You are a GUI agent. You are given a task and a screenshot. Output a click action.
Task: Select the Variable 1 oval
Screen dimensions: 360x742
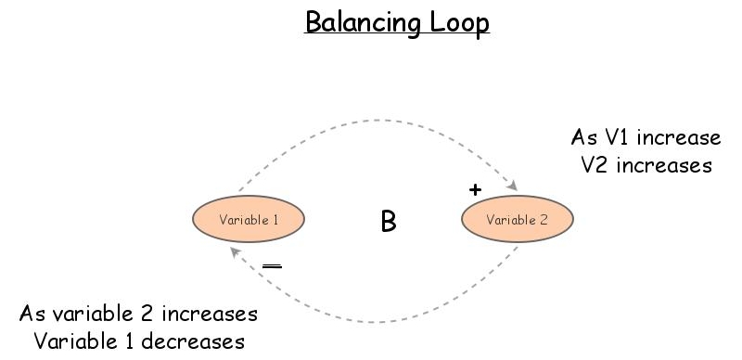(249, 220)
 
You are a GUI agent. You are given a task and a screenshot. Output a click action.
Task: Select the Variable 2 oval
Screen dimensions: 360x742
(518, 220)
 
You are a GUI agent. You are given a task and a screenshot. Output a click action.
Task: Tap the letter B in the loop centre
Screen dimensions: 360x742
(389, 222)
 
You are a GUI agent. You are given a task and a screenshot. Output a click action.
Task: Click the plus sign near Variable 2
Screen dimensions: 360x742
(476, 189)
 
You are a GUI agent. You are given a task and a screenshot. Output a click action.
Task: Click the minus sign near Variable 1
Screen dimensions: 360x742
(272, 266)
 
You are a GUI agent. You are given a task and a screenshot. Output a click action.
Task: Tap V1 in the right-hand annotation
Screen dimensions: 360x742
(615, 138)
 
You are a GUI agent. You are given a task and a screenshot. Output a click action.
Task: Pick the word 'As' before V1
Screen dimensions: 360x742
(584, 138)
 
